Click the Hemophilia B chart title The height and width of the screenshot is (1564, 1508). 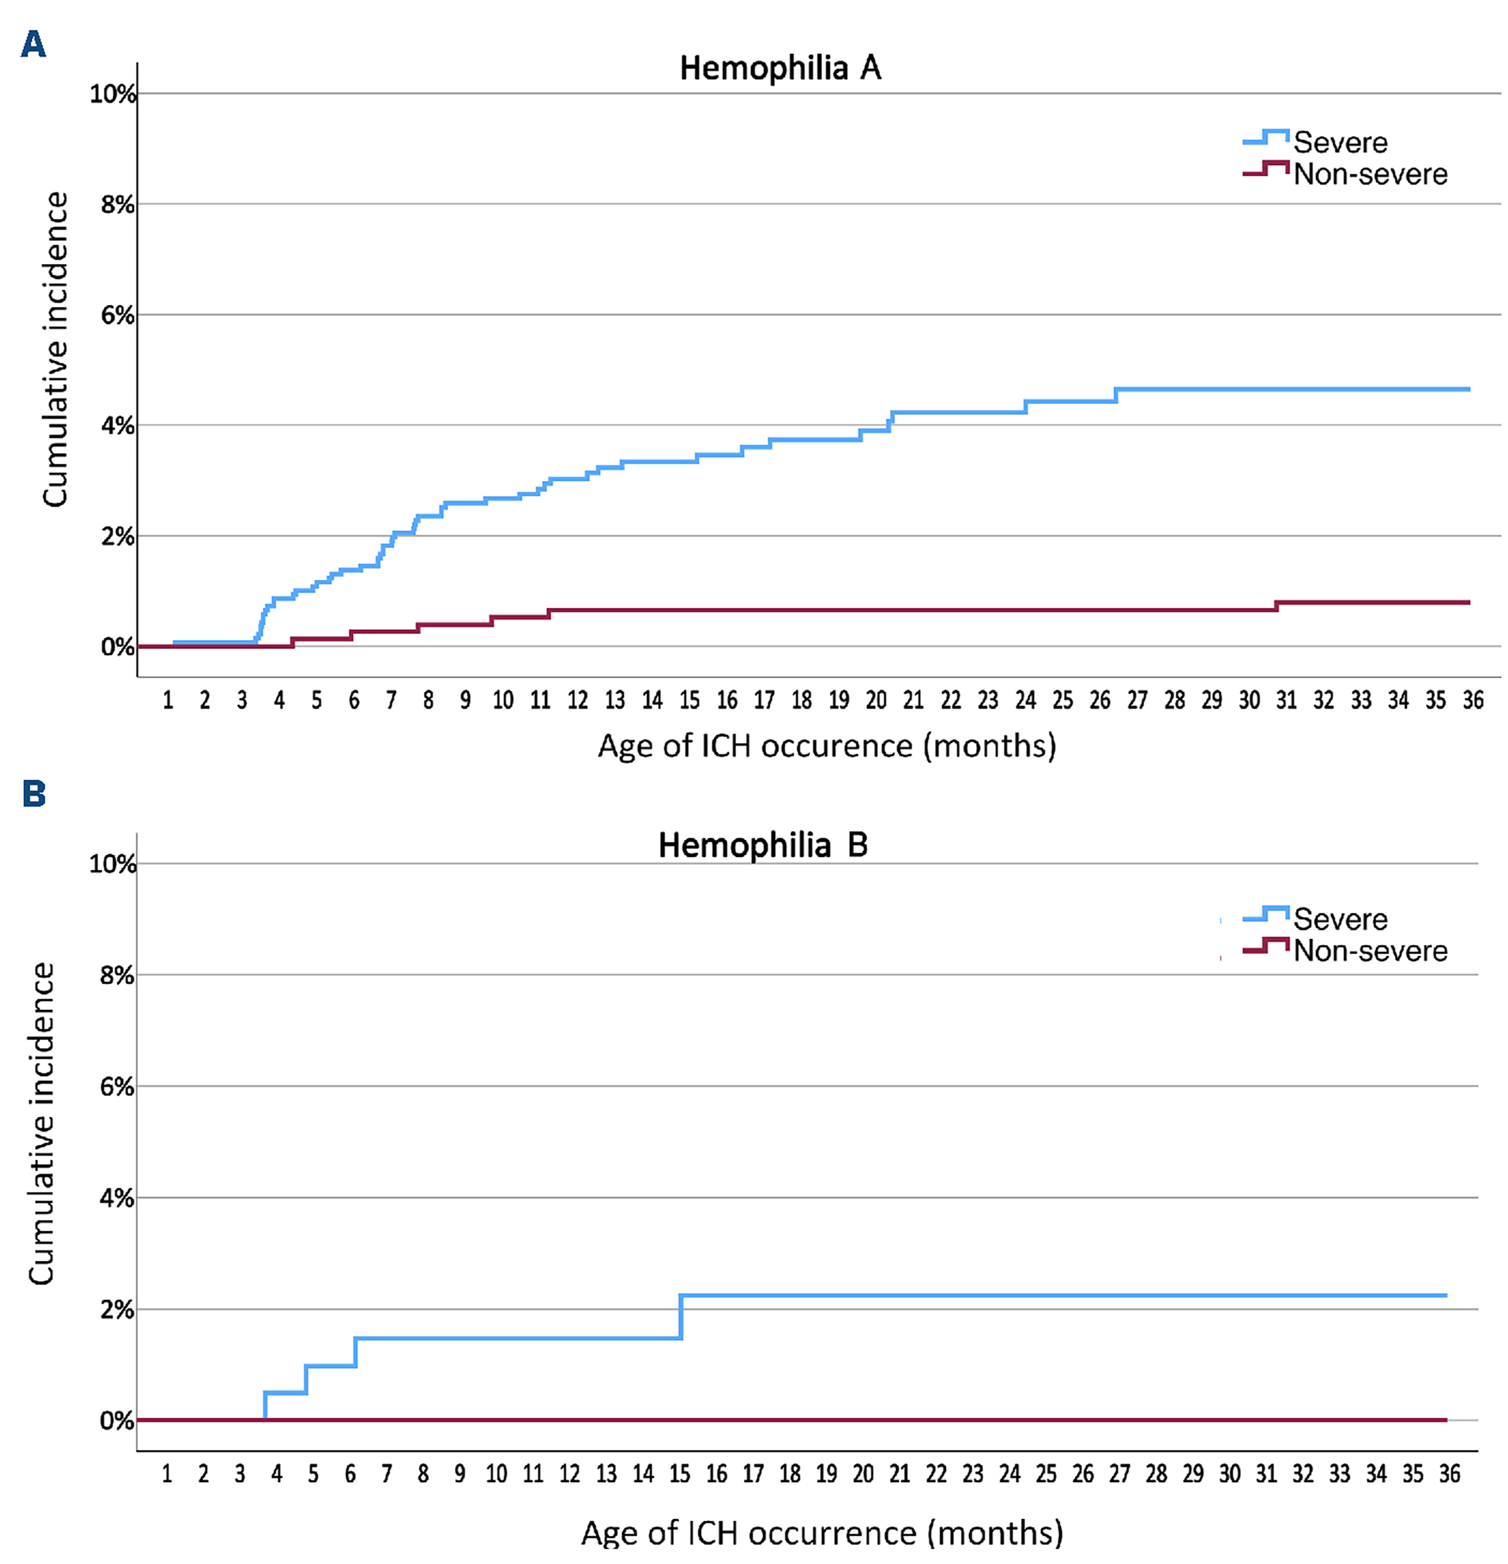click(762, 845)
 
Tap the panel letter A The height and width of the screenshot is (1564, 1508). click(33, 45)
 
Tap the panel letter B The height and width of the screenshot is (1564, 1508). click(34, 794)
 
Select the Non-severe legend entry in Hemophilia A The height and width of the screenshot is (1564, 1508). click(1369, 174)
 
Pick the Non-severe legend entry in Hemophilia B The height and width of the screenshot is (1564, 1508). click(1369, 951)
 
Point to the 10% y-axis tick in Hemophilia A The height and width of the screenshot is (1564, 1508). click(112, 94)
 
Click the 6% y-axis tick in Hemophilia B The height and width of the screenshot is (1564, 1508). click(116, 1087)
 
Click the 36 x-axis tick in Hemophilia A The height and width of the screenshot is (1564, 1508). click(1472, 700)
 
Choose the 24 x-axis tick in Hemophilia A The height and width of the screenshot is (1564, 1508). click(1024, 700)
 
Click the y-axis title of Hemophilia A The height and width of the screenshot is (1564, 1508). click(55, 349)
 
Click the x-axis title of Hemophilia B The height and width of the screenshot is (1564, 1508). click(822, 1533)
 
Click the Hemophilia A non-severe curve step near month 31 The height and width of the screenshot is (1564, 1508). click(1276, 607)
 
